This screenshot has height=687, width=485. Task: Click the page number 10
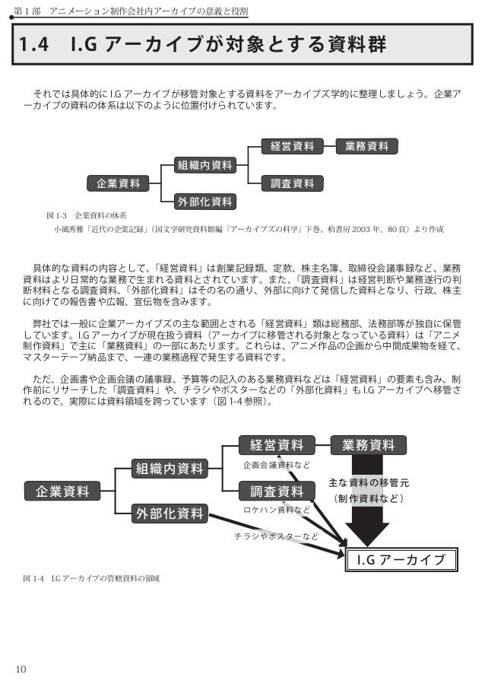coord(21,669)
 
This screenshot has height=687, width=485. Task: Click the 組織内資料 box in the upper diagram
coord(204,164)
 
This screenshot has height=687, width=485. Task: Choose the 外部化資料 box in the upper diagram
coord(204,202)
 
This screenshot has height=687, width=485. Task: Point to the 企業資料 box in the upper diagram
coord(118,183)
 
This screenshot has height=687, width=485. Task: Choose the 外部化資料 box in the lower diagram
coord(170,514)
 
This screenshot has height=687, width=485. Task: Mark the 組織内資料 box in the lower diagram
coord(170,468)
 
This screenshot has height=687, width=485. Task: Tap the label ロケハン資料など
coord(276,510)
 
